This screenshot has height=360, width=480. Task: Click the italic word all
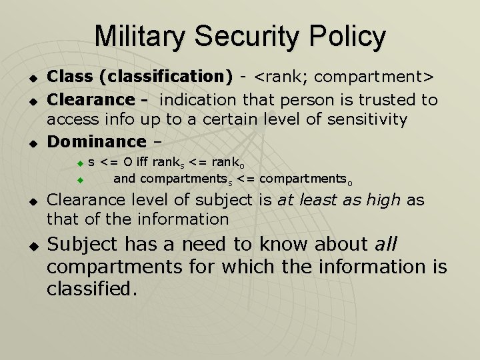pyautogui.click(x=385, y=245)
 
